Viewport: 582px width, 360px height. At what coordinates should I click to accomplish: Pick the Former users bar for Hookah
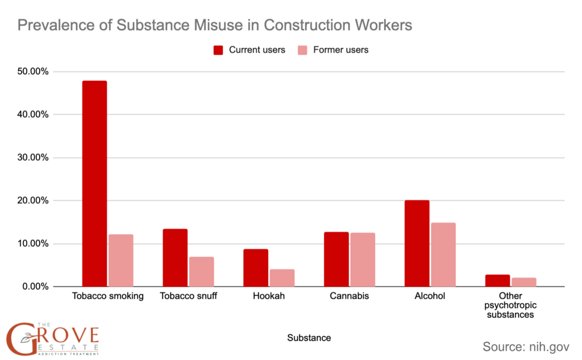coord(282,278)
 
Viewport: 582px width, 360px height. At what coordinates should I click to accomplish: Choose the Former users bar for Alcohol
coord(443,255)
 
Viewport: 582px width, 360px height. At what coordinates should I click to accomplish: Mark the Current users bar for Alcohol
coord(417,243)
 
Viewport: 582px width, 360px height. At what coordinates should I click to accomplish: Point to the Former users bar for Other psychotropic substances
coord(524,282)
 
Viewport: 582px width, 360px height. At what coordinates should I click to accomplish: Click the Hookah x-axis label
coord(269,296)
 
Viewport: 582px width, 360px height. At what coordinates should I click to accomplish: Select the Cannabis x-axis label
coord(350,296)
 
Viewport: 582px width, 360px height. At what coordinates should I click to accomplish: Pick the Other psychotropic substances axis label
coord(510,305)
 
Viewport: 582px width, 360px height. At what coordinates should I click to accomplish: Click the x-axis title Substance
coord(309,338)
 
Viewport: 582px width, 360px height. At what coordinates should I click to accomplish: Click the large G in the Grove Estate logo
coord(20,339)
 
